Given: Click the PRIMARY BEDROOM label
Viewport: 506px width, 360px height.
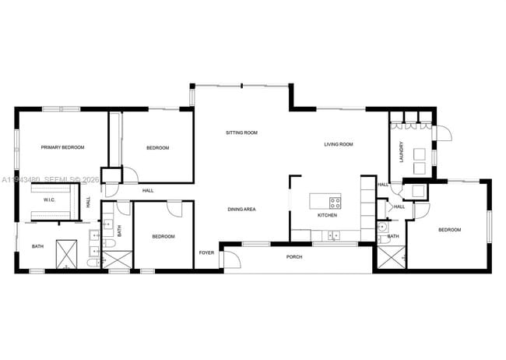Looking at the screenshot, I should click(62, 147).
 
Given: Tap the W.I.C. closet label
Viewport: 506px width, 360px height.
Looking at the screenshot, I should click(49, 199).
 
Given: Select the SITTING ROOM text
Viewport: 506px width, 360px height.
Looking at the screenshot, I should click(241, 132).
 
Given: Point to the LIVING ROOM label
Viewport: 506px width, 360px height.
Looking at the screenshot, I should click(339, 144).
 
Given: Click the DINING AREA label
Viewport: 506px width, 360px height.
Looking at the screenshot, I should click(241, 209).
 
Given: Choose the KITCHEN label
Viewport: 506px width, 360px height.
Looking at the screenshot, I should click(327, 214).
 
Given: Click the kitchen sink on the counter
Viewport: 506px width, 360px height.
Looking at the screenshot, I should click(333, 234).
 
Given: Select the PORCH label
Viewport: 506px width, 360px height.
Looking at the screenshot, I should click(294, 256).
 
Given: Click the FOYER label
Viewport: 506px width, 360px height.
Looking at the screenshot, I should click(206, 252).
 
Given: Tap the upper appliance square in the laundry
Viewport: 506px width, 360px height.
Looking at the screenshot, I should click(420, 153).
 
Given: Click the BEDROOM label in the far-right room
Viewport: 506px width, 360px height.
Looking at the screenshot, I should click(449, 230).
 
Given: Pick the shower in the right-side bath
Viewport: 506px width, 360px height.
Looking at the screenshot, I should click(391, 257).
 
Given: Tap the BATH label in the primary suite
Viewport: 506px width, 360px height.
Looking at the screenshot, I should click(37, 247).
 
